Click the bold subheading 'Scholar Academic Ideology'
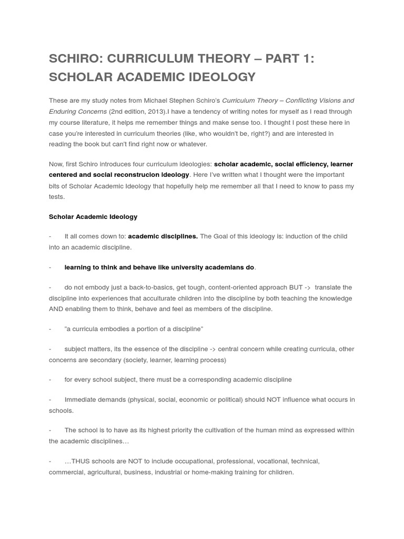[93, 216]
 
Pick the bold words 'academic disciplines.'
[163, 236]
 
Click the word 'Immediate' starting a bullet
[80, 400]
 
